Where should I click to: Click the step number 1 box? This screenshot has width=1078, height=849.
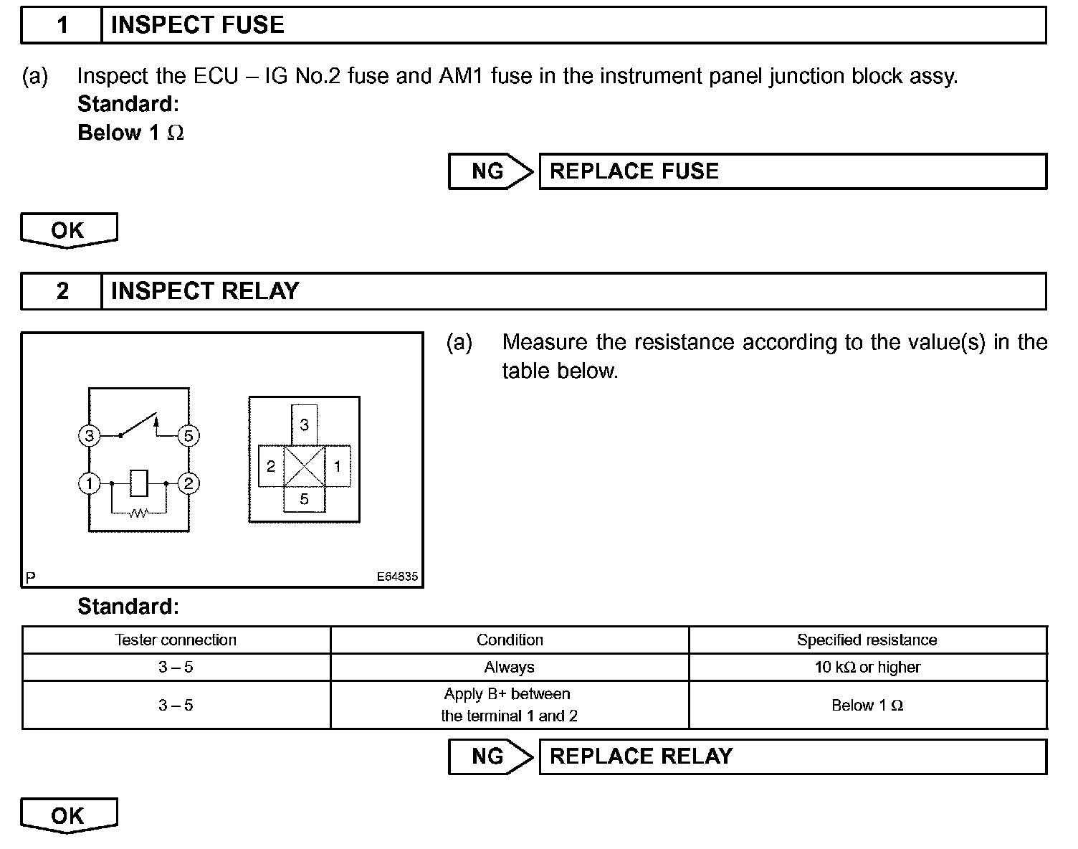point(62,25)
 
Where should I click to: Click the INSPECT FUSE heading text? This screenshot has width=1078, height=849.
point(197,25)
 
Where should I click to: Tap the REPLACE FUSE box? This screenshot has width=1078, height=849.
point(792,171)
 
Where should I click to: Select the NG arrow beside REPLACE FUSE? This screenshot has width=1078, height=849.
point(491,171)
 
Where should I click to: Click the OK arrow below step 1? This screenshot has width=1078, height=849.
point(69,230)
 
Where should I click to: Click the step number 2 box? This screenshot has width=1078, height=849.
point(62,291)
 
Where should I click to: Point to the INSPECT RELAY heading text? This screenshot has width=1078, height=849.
point(205,291)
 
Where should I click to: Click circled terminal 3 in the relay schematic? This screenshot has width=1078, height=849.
point(89,435)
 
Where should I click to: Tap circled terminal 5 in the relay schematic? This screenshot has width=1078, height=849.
point(189,435)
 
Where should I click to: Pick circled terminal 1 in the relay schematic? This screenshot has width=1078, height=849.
point(89,484)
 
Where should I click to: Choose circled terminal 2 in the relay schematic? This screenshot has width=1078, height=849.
point(189,484)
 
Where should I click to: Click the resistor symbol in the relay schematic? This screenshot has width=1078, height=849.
point(138,513)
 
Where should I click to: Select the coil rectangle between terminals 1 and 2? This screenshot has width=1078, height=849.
point(139,483)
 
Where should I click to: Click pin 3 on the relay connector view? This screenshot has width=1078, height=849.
point(304,425)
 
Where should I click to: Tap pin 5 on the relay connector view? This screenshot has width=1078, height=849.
point(304,499)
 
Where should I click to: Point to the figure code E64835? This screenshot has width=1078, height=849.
point(398,577)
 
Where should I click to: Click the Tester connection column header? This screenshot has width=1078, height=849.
point(176,640)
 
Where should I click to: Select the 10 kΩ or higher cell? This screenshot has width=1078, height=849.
point(867,668)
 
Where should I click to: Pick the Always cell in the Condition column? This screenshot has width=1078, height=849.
point(509,668)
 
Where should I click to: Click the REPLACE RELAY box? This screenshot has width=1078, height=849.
point(792,756)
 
